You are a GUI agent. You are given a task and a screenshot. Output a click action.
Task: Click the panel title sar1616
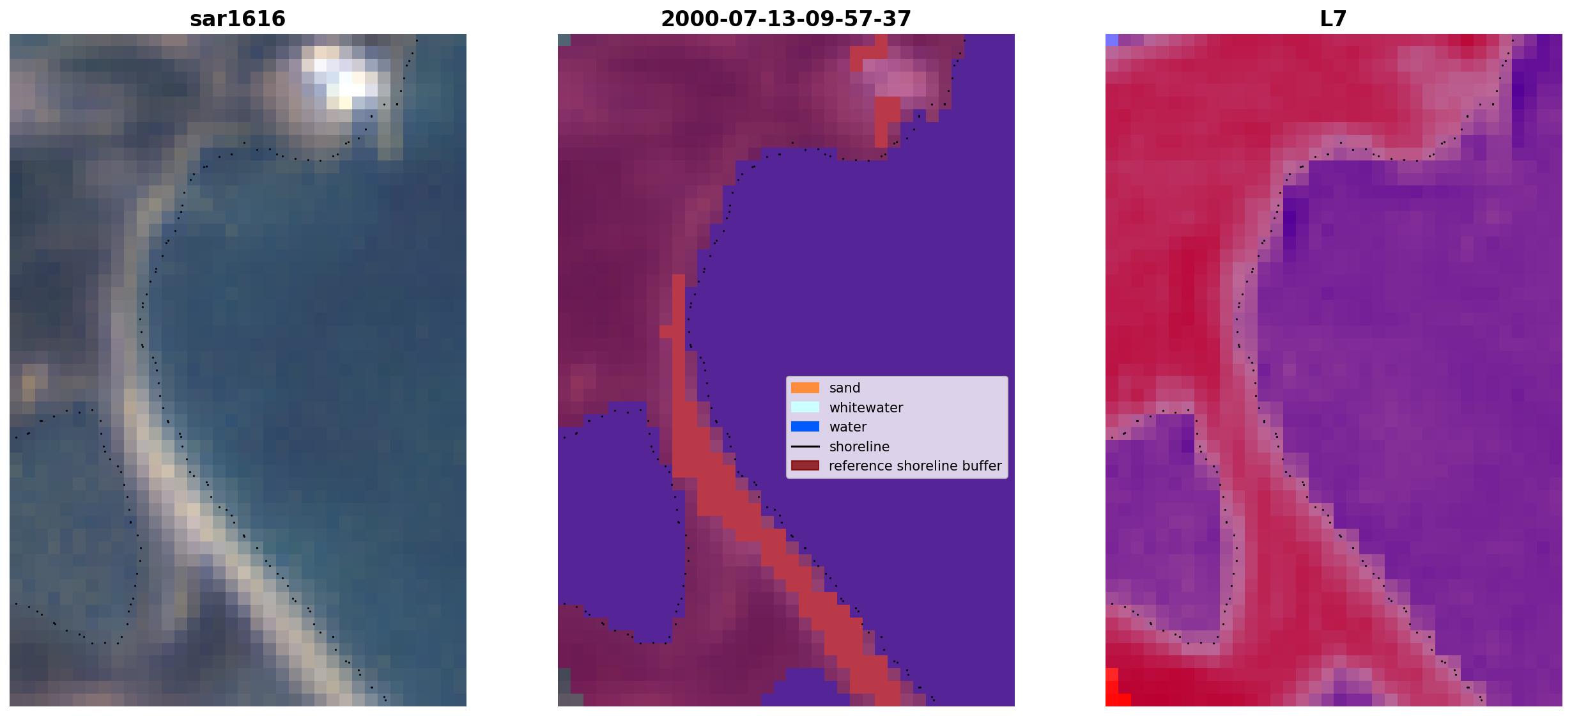click(x=238, y=19)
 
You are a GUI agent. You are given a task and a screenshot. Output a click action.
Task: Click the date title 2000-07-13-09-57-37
click(x=786, y=19)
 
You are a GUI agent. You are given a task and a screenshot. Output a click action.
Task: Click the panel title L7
click(x=1334, y=19)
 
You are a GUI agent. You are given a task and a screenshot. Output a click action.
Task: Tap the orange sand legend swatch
click(x=805, y=388)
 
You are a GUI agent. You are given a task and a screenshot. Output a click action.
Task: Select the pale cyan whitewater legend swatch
click(x=805, y=407)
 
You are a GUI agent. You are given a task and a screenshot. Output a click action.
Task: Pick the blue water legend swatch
click(x=805, y=427)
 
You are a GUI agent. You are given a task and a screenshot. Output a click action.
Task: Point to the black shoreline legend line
click(x=805, y=447)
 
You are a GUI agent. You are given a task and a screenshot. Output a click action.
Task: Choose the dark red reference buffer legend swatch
click(x=805, y=466)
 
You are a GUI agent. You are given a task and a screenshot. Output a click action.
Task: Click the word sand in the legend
click(x=845, y=388)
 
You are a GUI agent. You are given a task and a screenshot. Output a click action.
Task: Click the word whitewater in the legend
click(x=866, y=408)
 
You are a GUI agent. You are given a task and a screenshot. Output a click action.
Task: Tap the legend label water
click(x=848, y=427)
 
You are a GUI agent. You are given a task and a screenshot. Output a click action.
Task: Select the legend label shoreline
click(x=859, y=447)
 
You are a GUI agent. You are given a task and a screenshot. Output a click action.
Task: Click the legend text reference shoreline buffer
click(x=915, y=466)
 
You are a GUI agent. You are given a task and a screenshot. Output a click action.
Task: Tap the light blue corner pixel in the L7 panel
click(x=1112, y=40)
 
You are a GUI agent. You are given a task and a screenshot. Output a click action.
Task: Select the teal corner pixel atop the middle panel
click(x=564, y=40)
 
